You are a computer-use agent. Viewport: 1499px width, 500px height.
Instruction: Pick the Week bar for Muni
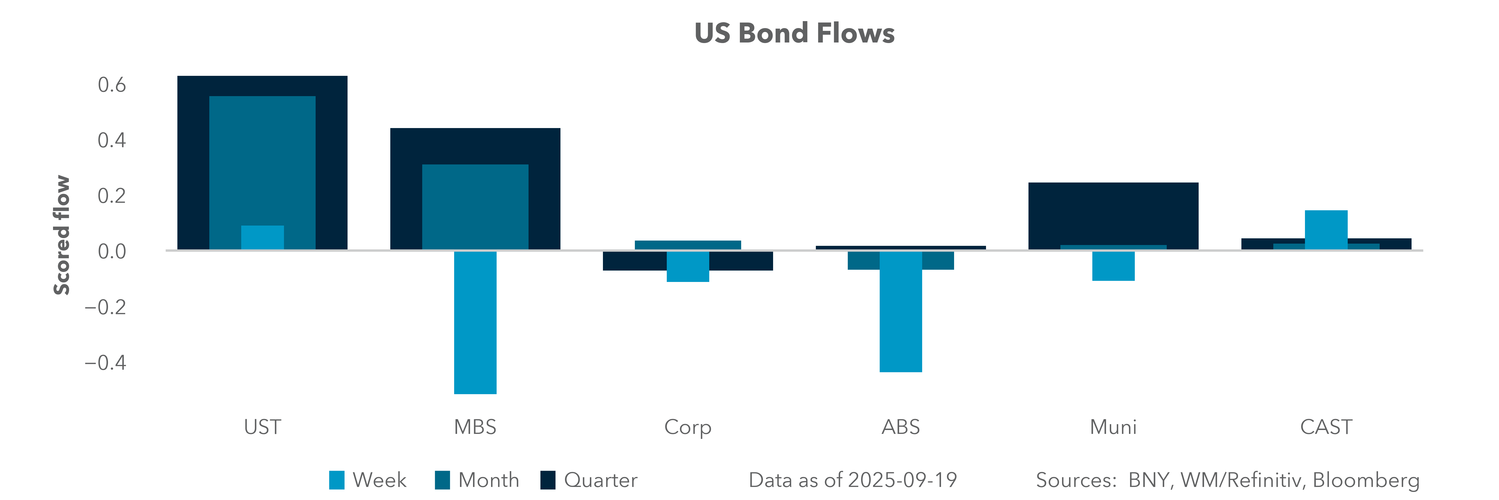[1113, 266]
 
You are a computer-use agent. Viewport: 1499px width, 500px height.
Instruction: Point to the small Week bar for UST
[262, 237]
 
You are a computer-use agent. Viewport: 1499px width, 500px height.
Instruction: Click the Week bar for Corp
[688, 267]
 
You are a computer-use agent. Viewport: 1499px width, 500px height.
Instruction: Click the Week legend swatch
[336, 480]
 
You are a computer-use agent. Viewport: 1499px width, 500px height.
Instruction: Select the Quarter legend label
[600, 480]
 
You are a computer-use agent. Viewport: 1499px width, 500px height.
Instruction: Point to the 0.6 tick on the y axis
[112, 85]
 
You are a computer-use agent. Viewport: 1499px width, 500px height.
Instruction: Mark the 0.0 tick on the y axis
[112, 251]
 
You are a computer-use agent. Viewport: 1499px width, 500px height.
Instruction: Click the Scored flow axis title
[62, 235]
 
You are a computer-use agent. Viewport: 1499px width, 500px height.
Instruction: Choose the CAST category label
[1326, 427]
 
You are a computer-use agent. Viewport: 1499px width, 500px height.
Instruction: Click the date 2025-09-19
[902, 480]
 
